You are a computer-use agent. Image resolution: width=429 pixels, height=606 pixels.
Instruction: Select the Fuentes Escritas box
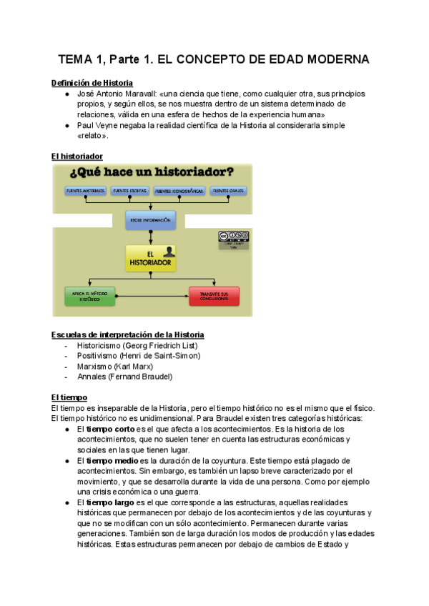129,192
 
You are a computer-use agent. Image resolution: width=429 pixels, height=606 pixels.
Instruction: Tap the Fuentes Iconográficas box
179,192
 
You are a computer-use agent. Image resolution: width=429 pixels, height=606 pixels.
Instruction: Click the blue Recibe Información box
150,220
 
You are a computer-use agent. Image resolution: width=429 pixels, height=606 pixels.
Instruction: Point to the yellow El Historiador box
150,259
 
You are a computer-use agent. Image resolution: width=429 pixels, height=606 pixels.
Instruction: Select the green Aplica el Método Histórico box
90,296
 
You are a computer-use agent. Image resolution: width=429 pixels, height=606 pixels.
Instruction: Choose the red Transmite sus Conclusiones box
214,296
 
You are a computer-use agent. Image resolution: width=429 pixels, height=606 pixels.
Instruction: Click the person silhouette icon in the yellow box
167,252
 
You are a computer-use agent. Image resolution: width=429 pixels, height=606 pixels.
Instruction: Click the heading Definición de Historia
92,83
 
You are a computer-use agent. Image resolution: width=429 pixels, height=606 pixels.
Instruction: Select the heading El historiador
77,156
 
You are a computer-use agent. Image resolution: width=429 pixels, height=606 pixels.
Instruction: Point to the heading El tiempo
69,397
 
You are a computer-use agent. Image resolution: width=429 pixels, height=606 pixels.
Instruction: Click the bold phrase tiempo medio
112,461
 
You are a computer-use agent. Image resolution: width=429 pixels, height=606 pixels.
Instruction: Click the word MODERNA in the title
334,59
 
